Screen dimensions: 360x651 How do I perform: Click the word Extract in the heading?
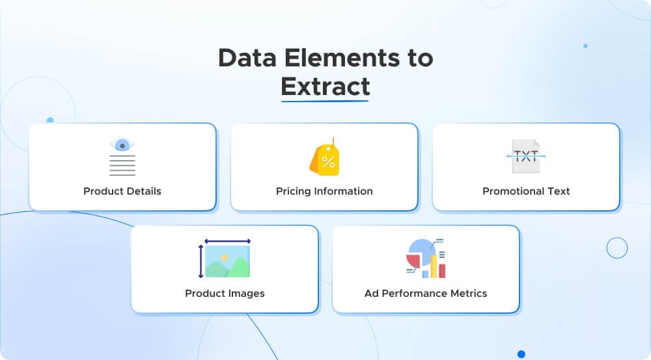coord(325,86)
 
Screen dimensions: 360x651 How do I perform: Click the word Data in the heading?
coord(242,58)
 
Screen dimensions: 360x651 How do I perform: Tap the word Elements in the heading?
coord(331,58)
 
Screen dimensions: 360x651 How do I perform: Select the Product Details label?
coord(122,191)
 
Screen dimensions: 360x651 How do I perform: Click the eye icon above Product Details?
coord(122,145)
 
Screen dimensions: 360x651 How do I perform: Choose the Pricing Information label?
coord(324,191)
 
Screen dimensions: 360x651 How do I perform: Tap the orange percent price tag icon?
coord(325,159)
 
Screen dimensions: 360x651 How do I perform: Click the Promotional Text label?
coord(526,191)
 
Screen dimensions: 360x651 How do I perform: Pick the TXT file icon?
coord(525,156)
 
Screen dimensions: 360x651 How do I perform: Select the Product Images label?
coord(225,294)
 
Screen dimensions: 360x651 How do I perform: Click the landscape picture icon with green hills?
coord(227,261)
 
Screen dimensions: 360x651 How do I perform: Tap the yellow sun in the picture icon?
coord(224,258)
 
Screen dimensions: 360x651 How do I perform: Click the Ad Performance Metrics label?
coord(426,294)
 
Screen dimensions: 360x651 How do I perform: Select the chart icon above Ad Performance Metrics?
coord(426,258)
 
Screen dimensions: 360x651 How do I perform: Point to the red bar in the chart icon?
coord(442,270)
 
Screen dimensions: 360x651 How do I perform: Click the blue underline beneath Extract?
coord(325,100)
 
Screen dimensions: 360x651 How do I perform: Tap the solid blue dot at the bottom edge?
coord(521,354)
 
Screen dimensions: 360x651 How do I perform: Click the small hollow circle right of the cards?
coord(616,247)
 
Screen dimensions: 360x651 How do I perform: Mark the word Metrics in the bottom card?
coord(466,294)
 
